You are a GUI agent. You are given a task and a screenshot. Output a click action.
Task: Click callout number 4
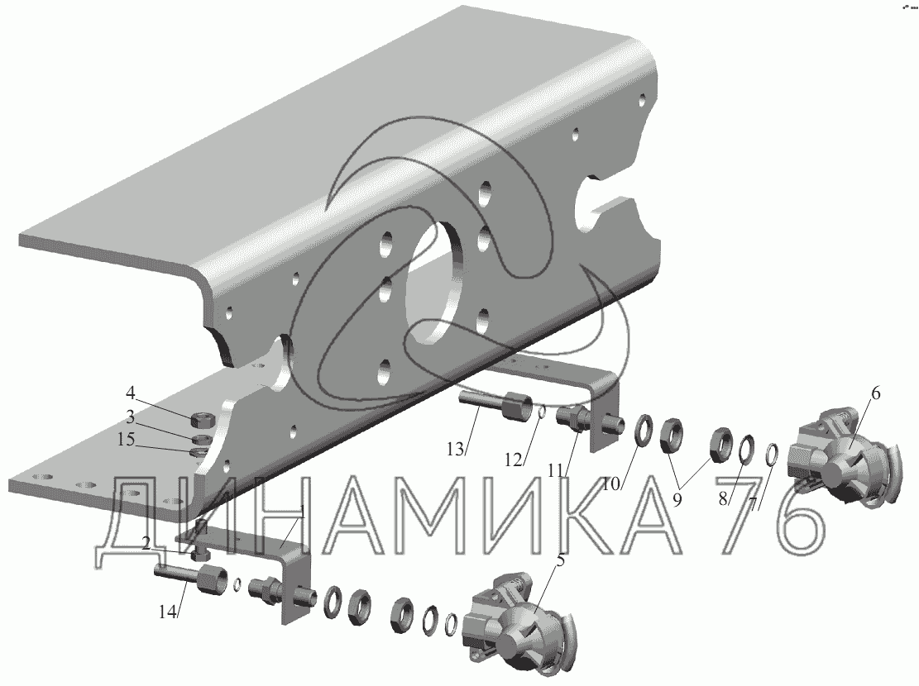tap(130, 392)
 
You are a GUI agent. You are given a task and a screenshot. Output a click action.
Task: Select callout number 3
tap(130, 417)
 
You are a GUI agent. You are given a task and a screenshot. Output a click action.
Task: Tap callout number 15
tap(126, 440)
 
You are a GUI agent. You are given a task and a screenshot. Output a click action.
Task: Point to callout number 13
tap(456, 450)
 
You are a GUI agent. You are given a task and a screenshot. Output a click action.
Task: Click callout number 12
tap(514, 461)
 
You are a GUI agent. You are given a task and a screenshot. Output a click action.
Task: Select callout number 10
tap(611, 484)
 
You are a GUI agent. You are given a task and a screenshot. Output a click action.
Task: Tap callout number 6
tap(875, 393)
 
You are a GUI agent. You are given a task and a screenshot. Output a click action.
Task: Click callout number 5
tap(560, 561)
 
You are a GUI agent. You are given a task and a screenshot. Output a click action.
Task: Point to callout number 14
tap(167, 612)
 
